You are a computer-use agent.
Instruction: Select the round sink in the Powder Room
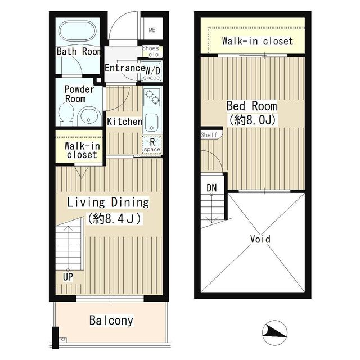[x=88, y=115]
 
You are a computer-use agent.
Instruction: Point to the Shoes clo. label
[x=152, y=52]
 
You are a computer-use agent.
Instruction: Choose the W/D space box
[x=152, y=73]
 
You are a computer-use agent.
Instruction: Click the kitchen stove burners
[x=152, y=100]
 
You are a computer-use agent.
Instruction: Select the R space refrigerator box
[x=152, y=145]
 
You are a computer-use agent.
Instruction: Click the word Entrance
[x=124, y=68]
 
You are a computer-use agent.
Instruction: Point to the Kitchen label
[x=124, y=121]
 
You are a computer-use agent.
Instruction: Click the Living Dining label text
[x=108, y=202]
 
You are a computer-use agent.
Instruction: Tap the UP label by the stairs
[x=67, y=277]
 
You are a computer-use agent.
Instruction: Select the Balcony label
[x=111, y=321]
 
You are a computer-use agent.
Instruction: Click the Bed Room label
[x=251, y=106]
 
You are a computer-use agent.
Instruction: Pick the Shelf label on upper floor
[x=208, y=135]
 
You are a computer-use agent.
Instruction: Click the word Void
[x=260, y=239]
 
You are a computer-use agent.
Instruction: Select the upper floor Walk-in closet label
[x=257, y=41]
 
